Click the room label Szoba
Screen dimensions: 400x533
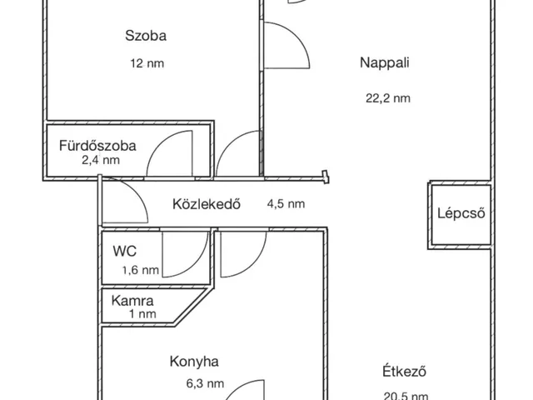tap(146, 36)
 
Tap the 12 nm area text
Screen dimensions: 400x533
tap(146, 63)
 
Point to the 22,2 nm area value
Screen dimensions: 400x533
tap(388, 97)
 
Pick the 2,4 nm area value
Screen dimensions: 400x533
tap(100, 160)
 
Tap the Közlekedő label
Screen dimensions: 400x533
tap(207, 203)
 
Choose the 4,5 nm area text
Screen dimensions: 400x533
tap(285, 203)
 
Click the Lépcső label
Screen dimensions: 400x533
tap(461, 212)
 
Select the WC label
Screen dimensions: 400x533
tap(125, 249)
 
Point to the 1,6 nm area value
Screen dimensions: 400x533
tap(140, 269)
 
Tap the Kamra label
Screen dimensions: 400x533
tap(133, 300)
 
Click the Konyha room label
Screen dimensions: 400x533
tap(194, 362)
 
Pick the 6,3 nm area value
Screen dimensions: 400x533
tap(205, 384)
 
